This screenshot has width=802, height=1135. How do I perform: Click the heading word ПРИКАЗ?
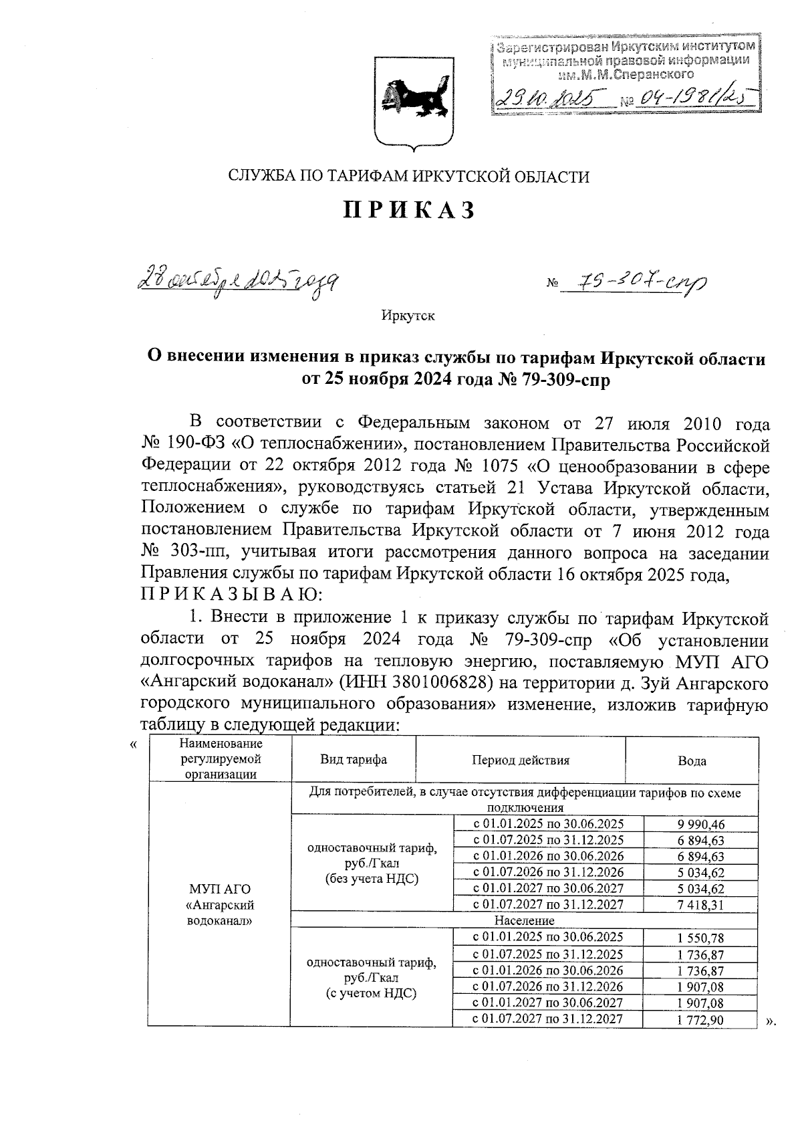click(409, 210)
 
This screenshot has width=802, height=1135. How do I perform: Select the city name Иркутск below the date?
click(408, 316)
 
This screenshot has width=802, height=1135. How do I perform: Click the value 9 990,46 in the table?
click(700, 824)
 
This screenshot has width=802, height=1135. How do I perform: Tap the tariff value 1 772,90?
click(700, 1020)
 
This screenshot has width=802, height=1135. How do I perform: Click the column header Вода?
click(692, 761)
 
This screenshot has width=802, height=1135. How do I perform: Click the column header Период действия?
click(521, 760)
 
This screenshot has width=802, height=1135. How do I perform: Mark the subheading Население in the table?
click(525, 921)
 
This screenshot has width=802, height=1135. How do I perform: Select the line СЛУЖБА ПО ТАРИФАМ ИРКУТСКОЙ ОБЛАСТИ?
click(409, 177)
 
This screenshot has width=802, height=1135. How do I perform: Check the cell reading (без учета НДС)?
click(372, 879)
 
